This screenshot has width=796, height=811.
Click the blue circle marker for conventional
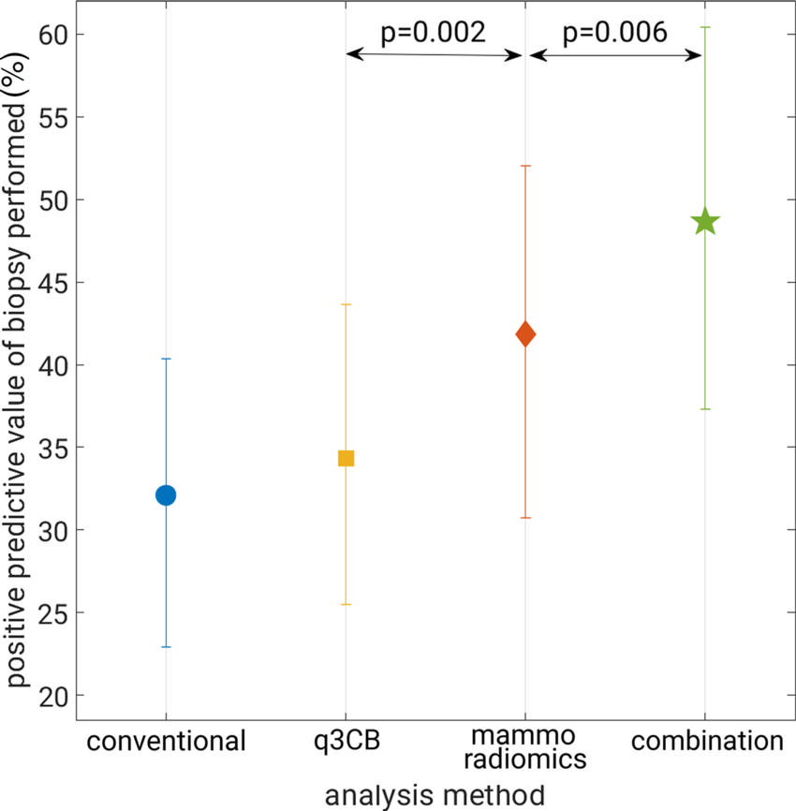pyautogui.click(x=166, y=494)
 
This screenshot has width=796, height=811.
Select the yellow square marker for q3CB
pyautogui.click(x=346, y=458)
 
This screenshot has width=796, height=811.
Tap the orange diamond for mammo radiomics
pyautogui.click(x=525, y=333)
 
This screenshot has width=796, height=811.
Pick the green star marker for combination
pyautogui.click(x=705, y=222)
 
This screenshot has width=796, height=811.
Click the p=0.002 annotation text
pyautogui.click(x=433, y=33)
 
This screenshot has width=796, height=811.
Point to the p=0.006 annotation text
pyautogui.click(x=614, y=33)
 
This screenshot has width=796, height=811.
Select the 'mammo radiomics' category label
pyautogui.click(x=525, y=747)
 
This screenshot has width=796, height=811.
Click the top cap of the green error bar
pyautogui.click(x=705, y=27)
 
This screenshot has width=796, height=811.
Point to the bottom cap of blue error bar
pyautogui.click(x=166, y=647)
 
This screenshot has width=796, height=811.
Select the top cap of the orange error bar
pyautogui.click(x=525, y=166)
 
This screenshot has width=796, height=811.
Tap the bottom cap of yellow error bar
pyautogui.click(x=346, y=604)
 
